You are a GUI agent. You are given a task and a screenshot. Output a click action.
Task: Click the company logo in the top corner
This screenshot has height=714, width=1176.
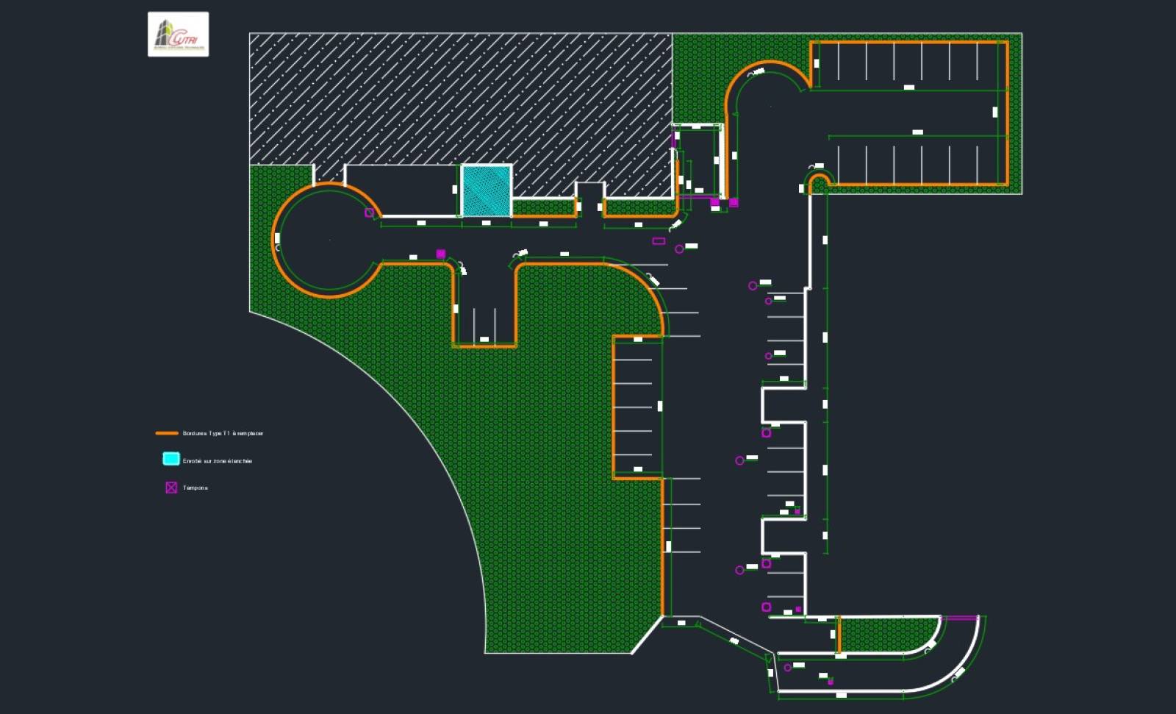tap(178, 34)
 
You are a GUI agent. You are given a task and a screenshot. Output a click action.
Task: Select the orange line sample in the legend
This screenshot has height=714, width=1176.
tap(167, 433)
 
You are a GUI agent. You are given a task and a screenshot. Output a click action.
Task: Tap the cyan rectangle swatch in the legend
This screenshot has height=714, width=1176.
tap(171, 459)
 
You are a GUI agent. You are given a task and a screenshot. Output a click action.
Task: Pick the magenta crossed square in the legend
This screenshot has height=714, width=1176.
tap(171, 488)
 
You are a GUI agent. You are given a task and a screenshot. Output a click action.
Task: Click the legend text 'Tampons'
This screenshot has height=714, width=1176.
tap(196, 488)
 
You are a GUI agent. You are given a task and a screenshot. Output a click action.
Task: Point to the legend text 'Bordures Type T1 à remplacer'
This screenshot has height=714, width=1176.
tap(223, 434)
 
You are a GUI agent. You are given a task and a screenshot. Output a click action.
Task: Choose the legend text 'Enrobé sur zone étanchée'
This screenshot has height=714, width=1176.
tap(218, 461)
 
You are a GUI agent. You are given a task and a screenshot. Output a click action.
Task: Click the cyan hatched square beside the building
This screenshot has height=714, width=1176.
tap(486, 190)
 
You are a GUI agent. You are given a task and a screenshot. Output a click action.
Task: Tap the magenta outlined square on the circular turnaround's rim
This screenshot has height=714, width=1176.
tap(370, 213)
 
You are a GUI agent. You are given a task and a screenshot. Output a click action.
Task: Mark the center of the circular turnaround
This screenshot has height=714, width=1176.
tap(329, 240)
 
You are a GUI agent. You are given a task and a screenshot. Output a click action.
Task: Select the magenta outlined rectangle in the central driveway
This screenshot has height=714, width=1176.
tap(659, 241)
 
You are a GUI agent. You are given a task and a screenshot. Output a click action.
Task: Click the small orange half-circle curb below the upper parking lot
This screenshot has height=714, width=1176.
tap(819, 179)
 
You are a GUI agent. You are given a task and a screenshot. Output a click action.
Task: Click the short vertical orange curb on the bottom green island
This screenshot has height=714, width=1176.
tap(839, 635)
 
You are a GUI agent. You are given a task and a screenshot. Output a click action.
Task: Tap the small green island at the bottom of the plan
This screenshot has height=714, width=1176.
tap(886, 634)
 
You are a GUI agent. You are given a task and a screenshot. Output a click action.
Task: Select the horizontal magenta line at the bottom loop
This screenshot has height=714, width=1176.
tap(959, 618)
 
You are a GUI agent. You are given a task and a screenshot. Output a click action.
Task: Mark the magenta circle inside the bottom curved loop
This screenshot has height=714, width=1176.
tap(788, 668)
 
